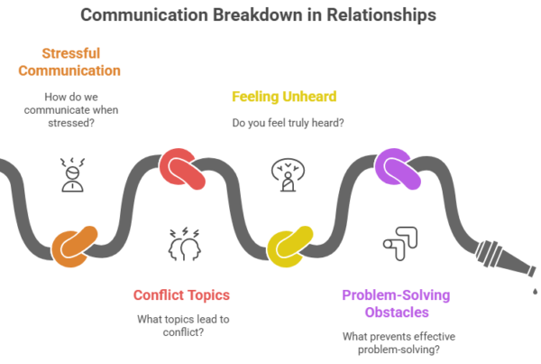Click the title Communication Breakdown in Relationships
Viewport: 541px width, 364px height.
[x=270, y=15]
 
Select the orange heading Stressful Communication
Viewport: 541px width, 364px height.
[x=70, y=62]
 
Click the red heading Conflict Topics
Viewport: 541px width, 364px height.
[x=181, y=294]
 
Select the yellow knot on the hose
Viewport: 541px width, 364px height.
[x=289, y=245]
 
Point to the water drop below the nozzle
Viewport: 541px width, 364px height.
[x=533, y=291]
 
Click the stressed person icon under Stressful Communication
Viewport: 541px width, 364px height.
[x=69, y=174]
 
